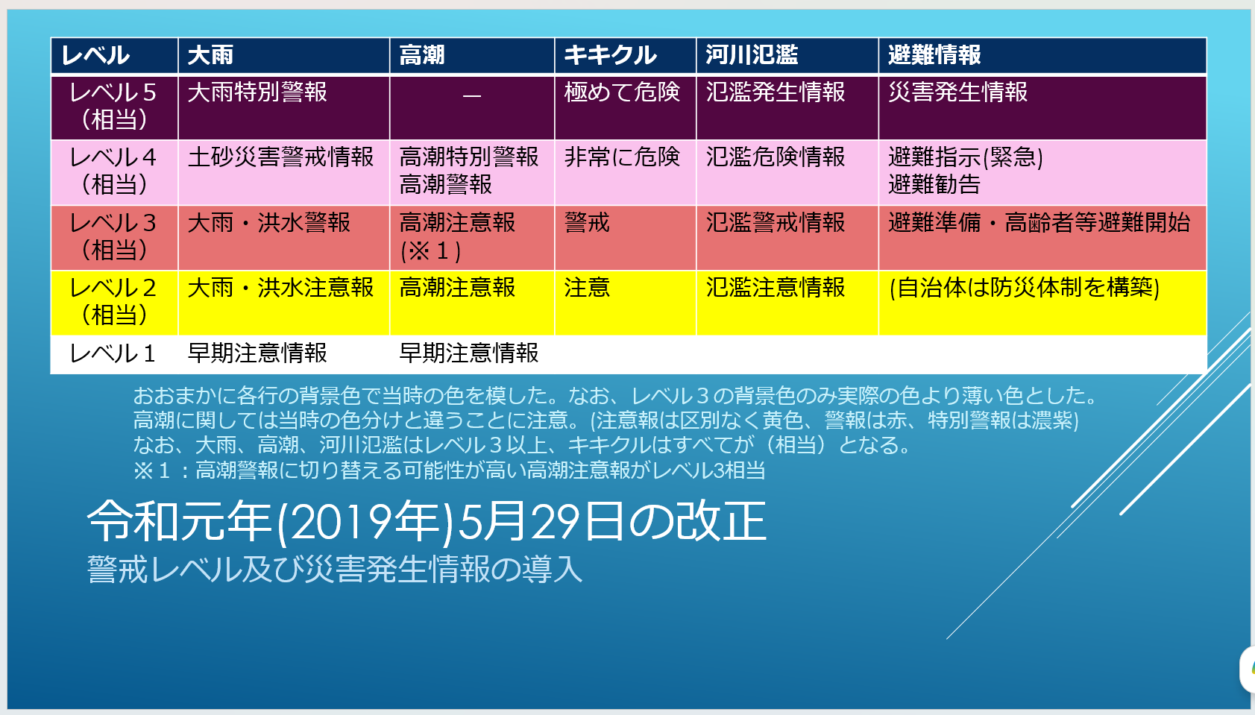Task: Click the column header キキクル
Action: coord(609,55)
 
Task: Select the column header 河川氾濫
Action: coord(752,55)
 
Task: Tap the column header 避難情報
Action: coord(934,55)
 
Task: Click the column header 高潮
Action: coord(422,55)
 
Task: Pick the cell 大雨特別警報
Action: coord(257,92)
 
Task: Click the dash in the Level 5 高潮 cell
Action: coord(472,96)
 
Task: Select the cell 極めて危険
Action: coord(622,92)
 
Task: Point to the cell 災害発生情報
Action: coord(958,92)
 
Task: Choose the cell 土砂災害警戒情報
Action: coord(280,157)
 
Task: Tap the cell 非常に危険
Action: coord(622,157)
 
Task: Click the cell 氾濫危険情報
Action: coord(776,157)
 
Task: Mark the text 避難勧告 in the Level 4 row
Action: coord(934,184)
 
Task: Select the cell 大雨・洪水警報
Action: coord(269,222)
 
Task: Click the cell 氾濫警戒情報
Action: coord(776,222)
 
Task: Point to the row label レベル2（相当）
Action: coord(114,301)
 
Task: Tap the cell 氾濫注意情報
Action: coord(776,288)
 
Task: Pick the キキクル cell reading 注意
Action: coord(587,288)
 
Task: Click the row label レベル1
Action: coord(113,353)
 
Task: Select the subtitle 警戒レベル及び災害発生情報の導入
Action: coord(335,570)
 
